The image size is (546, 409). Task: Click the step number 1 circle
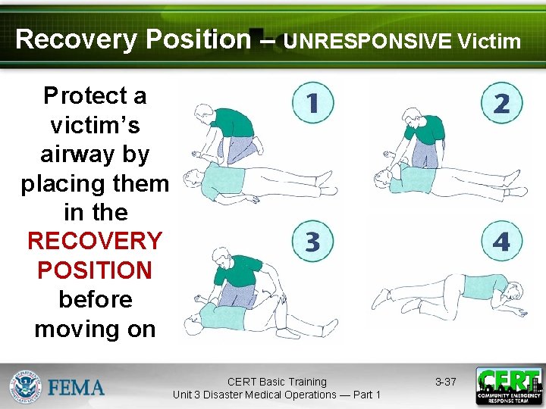coord(312,102)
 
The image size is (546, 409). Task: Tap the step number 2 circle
coord(501,103)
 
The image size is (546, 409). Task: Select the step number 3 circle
coord(312,242)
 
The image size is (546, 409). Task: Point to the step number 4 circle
coord(501,242)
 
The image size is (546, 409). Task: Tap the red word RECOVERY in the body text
coord(95,241)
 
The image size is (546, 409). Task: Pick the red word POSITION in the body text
coord(95,270)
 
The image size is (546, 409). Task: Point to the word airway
coord(95,154)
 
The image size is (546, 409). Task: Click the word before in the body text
coord(95,299)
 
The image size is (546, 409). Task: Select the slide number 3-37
coord(445,382)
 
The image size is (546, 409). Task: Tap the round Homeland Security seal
coord(26,386)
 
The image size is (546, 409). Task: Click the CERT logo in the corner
coord(508,386)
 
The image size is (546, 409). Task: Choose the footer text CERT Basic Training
coord(277,382)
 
